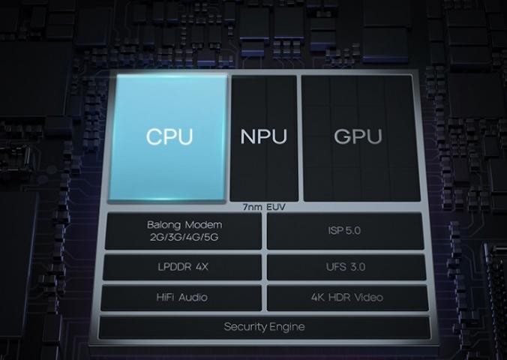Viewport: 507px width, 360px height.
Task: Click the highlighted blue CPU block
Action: [x=167, y=137]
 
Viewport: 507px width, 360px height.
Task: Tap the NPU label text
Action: [x=263, y=136]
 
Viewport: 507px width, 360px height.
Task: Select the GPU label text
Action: [x=358, y=136]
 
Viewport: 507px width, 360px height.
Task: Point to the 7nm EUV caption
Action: [x=264, y=207]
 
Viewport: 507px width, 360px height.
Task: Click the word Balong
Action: [x=163, y=225]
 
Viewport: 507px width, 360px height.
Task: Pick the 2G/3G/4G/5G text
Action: [x=184, y=238]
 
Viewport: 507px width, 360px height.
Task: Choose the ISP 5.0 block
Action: [x=345, y=230]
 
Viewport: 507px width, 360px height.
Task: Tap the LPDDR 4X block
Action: [x=182, y=267]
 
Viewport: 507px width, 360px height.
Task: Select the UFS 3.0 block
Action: [x=346, y=267]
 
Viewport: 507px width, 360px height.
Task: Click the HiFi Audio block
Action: [x=181, y=298]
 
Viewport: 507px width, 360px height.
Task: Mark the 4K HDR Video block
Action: [x=347, y=298]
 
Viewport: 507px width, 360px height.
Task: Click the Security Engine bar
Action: [x=264, y=327]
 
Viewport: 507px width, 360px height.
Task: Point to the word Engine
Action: [x=286, y=327]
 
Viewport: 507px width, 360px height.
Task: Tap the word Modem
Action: [x=204, y=225]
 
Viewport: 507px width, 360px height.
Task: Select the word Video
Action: [x=368, y=297]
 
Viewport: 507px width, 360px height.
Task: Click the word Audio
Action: [x=193, y=297]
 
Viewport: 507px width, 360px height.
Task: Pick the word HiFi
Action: [x=166, y=297]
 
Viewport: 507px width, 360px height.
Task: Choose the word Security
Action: [x=244, y=327]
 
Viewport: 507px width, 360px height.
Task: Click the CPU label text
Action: [x=169, y=136]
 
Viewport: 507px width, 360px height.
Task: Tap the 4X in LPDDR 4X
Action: [x=202, y=267]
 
